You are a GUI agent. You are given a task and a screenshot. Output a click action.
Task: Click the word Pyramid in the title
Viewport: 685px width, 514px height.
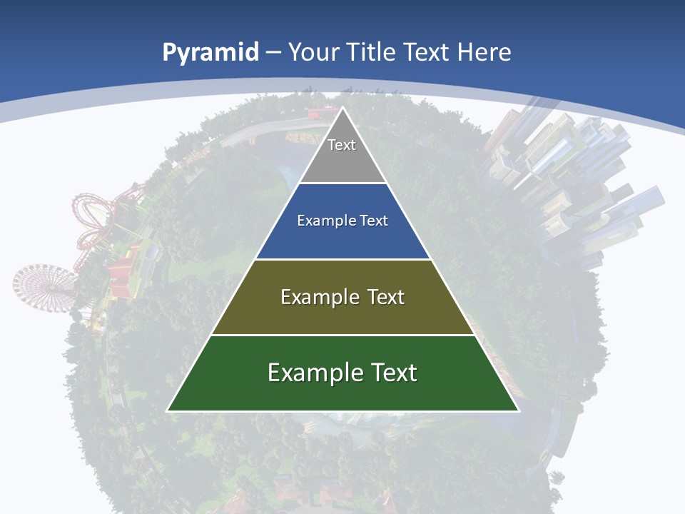point(210,53)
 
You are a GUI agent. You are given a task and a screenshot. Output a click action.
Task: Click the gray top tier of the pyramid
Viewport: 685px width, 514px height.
point(342,161)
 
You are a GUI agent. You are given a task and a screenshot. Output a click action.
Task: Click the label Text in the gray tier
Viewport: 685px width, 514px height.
point(342,145)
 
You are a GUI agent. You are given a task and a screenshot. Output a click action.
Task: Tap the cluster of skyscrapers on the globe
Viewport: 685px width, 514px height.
point(571,186)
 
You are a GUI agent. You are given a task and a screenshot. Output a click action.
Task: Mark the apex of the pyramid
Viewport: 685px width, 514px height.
point(342,109)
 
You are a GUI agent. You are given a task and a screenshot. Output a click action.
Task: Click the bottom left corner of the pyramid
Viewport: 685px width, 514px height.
point(168,410)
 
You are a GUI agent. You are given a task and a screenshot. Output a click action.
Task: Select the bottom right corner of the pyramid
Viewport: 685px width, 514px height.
point(517,410)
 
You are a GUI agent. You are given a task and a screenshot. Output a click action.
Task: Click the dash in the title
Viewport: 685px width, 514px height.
point(273,53)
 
